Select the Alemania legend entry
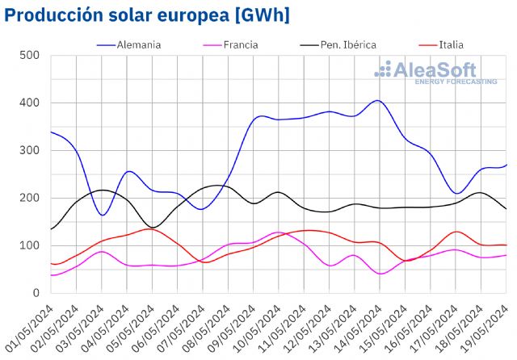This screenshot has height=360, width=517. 138,44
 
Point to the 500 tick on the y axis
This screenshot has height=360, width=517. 31,56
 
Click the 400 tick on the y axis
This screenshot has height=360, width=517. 31,103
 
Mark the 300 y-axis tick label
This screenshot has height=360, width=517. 31,151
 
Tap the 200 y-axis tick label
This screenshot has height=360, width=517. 31,199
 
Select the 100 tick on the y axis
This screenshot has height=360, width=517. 31,246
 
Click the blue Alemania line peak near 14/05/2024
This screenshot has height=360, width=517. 377,101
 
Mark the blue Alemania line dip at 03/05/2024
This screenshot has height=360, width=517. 102,215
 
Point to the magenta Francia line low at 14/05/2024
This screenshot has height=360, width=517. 380,274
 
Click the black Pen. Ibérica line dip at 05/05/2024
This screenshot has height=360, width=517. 154,227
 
